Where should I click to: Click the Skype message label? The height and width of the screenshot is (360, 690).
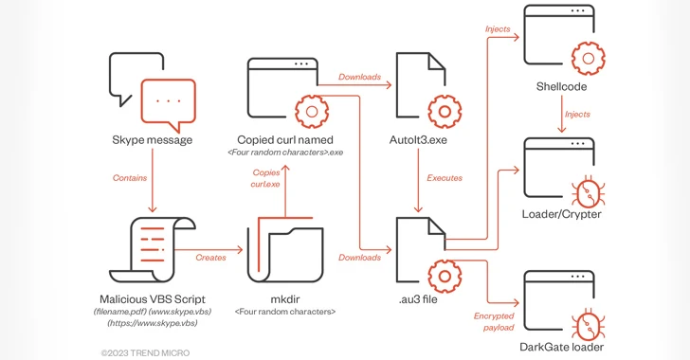click(152, 140)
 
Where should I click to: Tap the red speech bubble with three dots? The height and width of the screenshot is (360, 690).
click(168, 101)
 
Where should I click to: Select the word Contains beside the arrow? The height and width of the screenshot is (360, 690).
click(130, 177)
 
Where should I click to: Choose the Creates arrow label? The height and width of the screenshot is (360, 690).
click(210, 258)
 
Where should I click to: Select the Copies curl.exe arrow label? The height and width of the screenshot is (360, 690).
click(266, 178)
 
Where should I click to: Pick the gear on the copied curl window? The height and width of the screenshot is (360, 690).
click(311, 112)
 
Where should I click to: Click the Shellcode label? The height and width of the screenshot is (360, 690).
click(560, 86)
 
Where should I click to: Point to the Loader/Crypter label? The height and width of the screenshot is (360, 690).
click(560, 214)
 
